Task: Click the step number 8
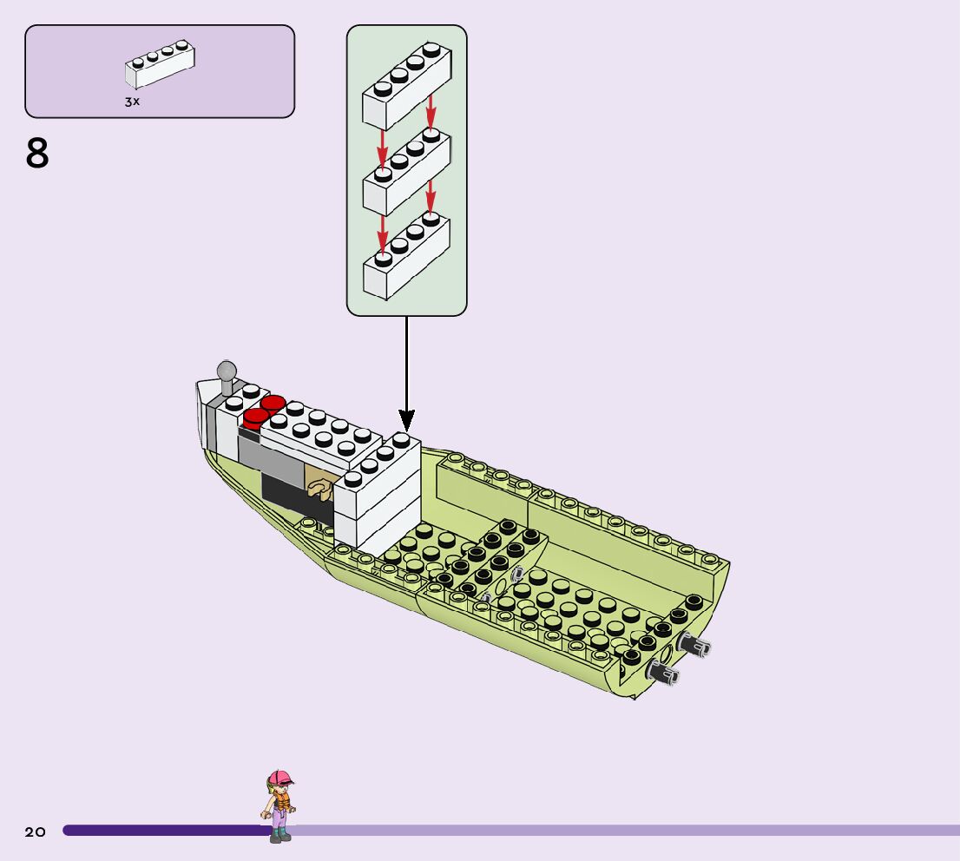(x=37, y=154)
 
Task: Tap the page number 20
(x=35, y=831)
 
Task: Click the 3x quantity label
(x=132, y=102)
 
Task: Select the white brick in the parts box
(x=160, y=66)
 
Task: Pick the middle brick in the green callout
(x=406, y=172)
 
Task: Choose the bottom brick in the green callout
(x=406, y=257)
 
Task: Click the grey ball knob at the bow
(x=227, y=371)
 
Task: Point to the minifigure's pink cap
(x=279, y=777)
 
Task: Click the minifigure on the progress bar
(x=279, y=805)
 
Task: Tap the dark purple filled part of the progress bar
(x=165, y=831)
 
